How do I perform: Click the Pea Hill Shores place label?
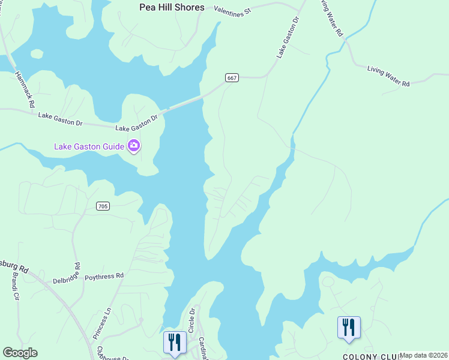[172, 8]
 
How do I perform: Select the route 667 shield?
[233, 77]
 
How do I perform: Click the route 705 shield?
[103, 206]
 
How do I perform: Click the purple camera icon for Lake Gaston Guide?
[133, 146]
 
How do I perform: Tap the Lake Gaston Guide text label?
[89, 146]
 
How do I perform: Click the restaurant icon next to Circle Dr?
[175, 342]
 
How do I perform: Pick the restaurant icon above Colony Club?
[349, 328]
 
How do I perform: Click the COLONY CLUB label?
[360, 356]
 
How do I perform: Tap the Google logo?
[20, 353]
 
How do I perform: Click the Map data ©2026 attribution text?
[423, 355]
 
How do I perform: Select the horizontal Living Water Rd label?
[388, 77]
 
